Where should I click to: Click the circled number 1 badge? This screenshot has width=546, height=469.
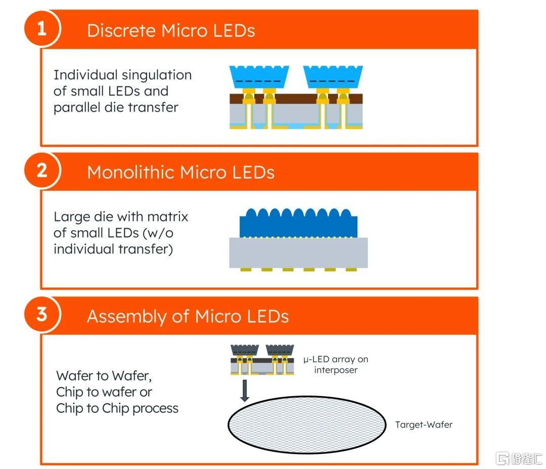(42, 28)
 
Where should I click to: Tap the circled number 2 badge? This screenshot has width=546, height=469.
(42, 170)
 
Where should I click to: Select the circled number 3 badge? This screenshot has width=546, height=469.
(42, 314)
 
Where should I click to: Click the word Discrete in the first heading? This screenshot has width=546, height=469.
(121, 30)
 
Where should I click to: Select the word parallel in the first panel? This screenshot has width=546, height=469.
(77, 107)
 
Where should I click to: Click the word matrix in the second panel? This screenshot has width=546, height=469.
(168, 217)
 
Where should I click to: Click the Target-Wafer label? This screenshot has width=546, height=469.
(424, 424)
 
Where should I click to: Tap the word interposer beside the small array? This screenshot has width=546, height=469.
(336, 370)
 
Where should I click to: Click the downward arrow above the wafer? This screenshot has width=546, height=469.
(245, 391)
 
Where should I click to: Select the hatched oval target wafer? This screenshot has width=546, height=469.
(307, 425)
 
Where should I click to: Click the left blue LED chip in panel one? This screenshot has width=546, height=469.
(259, 77)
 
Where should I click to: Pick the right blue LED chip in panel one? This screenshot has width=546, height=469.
(333, 77)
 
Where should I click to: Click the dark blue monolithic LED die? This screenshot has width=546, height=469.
(298, 224)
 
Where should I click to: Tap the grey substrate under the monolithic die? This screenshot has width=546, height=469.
(298, 252)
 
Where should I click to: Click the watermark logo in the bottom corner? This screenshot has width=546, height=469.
(519, 458)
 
